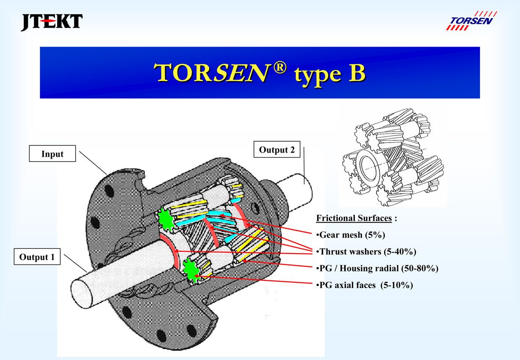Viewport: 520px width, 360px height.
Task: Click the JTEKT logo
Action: point(52,22)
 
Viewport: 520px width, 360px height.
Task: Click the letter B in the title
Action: point(356,73)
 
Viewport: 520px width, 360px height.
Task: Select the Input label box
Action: point(52,154)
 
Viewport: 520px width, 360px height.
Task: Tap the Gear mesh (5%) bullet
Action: point(351,235)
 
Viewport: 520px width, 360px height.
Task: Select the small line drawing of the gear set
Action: point(392,162)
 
